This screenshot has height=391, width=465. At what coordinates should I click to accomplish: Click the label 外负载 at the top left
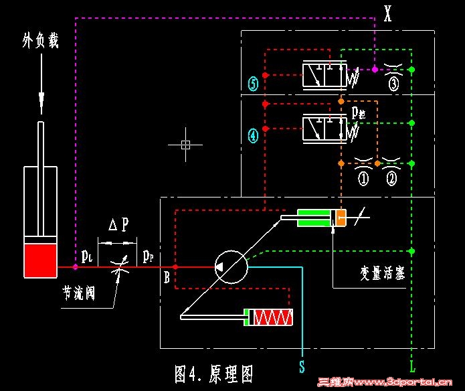click(40, 42)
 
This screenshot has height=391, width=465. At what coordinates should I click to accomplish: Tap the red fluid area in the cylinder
click(40, 260)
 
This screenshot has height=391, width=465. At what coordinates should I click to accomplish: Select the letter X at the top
click(388, 13)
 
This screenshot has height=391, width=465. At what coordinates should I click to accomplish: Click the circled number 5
click(253, 84)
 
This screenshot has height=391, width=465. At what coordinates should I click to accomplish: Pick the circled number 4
click(253, 136)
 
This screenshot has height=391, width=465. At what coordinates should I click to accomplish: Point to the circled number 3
click(393, 84)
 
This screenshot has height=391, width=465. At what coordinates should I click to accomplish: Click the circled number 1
click(363, 179)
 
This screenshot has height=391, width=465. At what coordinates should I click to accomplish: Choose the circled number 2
click(391, 179)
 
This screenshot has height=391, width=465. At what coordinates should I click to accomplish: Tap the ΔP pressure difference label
click(118, 225)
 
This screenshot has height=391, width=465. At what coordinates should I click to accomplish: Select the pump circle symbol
click(231, 267)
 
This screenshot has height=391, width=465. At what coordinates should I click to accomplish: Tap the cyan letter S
click(302, 366)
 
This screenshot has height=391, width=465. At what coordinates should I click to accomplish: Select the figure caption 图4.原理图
click(213, 374)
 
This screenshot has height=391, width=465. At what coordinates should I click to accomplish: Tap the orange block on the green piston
click(341, 217)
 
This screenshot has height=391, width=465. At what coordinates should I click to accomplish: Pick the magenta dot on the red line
click(76, 266)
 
